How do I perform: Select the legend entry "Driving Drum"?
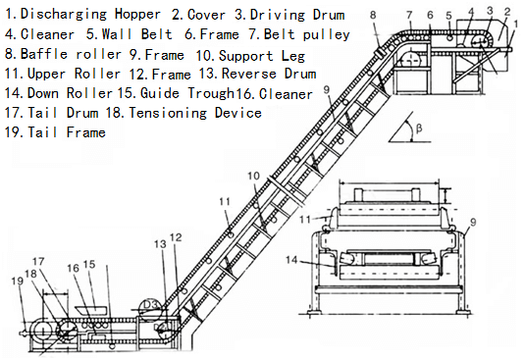297,15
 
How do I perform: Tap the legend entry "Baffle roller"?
71,54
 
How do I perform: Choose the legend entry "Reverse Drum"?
269,74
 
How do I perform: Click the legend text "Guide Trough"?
186,93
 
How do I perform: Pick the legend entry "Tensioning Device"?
195,113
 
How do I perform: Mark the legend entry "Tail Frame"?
67,132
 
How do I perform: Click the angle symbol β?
419,128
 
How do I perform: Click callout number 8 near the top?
373,15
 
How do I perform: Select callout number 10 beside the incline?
254,176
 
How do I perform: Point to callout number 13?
160,244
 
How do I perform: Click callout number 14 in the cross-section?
291,260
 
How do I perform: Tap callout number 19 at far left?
18,282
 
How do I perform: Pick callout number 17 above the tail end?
38,261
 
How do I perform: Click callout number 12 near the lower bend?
176,237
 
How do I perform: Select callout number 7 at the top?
409,15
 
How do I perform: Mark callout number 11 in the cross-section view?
304,220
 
